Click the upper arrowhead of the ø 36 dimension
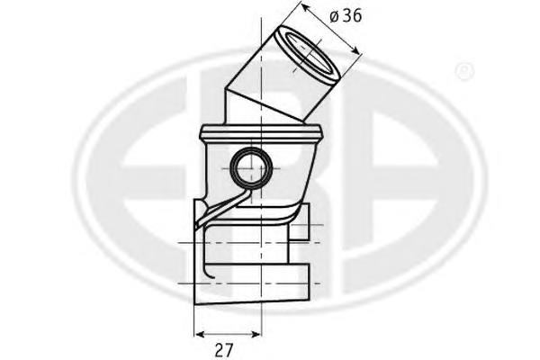coord(305,8)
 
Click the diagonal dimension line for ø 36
coord(331,31)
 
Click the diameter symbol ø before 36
coord(334,16)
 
